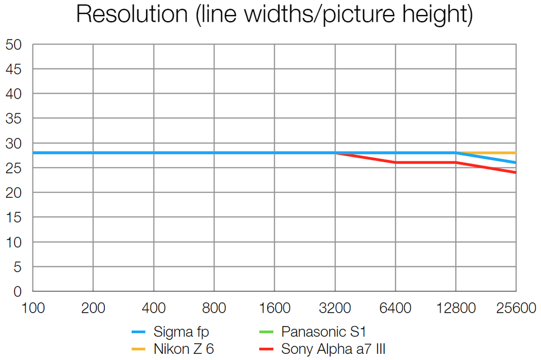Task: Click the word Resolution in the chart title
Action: (131, 15)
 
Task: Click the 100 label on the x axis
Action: (33, 308)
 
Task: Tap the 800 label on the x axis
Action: (214, 308)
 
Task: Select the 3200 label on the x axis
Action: (335, 308)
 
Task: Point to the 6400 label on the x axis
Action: (395, 308)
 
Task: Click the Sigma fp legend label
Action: (177, 333)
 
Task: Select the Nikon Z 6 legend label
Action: (183, 349)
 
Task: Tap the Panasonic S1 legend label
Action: (323, 333)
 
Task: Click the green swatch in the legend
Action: (267, 333)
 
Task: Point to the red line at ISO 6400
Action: (395, 163)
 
